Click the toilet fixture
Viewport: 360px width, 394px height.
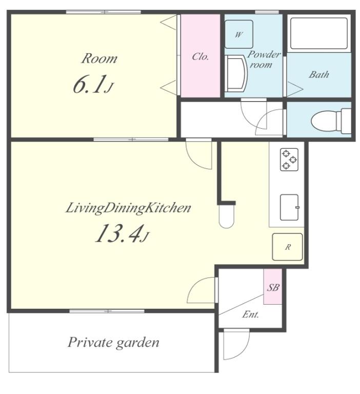tap(331, 121)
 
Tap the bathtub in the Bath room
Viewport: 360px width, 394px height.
tap(319, 33)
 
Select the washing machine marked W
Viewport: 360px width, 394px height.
tap(238, 34)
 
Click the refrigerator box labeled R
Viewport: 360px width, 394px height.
tap(287, 247)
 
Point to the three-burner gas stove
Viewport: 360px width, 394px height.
tap(289, 160)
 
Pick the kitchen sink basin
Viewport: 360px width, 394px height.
tap(289, 207)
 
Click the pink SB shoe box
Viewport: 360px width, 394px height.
tap(273, 286)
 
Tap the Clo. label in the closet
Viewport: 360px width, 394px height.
tap(200, 56)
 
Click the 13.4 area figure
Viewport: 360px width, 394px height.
tap(122, 234)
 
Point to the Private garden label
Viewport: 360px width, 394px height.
tap(113, 343)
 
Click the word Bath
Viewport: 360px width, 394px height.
tap(319, 74)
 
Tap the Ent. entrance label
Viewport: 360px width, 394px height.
tap(250, 314)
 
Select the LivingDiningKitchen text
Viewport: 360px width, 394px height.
tap(128, 208)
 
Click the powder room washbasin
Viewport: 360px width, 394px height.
tap(235, 73)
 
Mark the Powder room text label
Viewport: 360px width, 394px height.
tap(263, 60)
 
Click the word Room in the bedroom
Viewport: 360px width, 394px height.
tap(99, 58)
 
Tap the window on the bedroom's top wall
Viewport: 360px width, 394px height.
tap(104, 12)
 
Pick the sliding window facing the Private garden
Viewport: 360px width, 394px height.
tap(107, 311)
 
